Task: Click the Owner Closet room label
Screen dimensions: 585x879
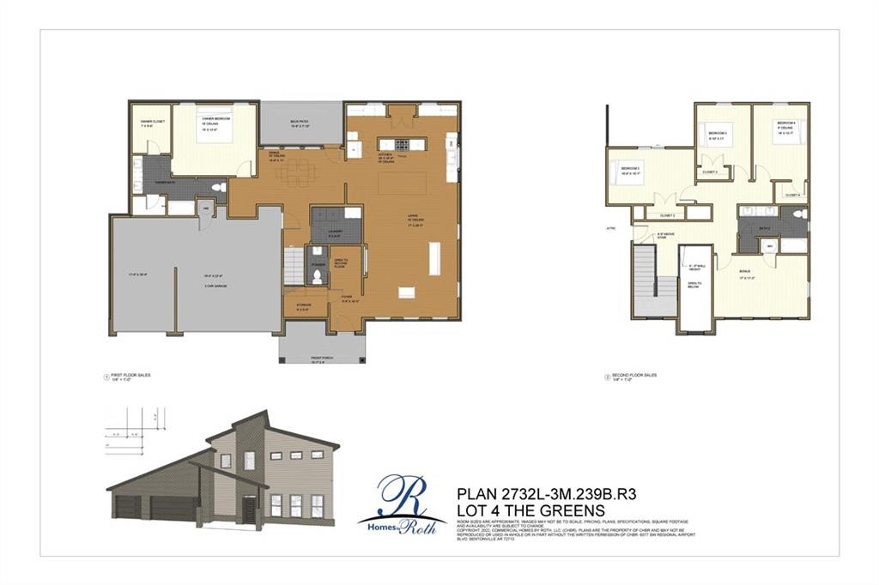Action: coord(152,122)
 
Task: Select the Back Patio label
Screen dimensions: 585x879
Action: coord(300,124)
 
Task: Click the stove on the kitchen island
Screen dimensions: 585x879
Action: coord(397,144)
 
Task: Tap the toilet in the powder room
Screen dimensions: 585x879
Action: coord(317,275)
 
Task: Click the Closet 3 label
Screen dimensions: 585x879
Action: coord(710,172)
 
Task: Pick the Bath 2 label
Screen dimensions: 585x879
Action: coord(764,228)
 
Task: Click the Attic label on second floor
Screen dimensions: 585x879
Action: coord(612,228)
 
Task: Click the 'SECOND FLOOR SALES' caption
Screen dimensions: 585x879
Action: coord(634,375)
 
